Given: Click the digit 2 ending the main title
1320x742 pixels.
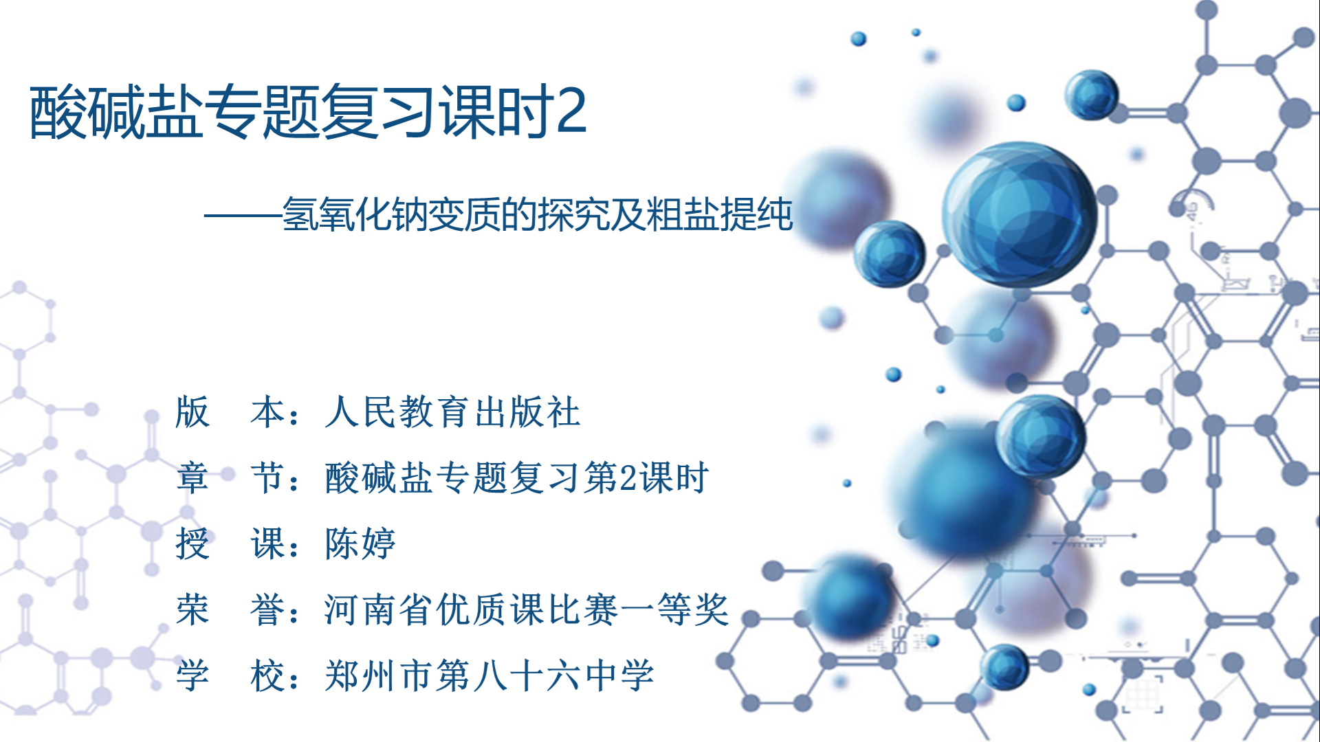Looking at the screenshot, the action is (571, 111).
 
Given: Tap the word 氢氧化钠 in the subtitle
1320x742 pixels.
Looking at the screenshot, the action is (355, 214).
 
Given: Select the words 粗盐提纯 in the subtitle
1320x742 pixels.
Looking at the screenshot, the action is (720, 214).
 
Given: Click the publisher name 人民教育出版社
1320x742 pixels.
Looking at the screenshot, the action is (453, 412).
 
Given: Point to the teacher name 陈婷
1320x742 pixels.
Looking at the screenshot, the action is (361, 543).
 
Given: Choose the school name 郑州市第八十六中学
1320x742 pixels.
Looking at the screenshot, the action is (489, 675).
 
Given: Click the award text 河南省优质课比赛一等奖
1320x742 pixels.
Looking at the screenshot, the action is (527, 609).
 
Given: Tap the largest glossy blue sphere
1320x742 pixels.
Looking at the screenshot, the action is (1020, 214).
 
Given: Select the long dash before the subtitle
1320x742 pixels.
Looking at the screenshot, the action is (243, 216).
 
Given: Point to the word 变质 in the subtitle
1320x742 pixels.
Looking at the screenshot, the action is (464, 214).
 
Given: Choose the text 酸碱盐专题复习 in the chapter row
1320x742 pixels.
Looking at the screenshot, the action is (452, 478).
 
